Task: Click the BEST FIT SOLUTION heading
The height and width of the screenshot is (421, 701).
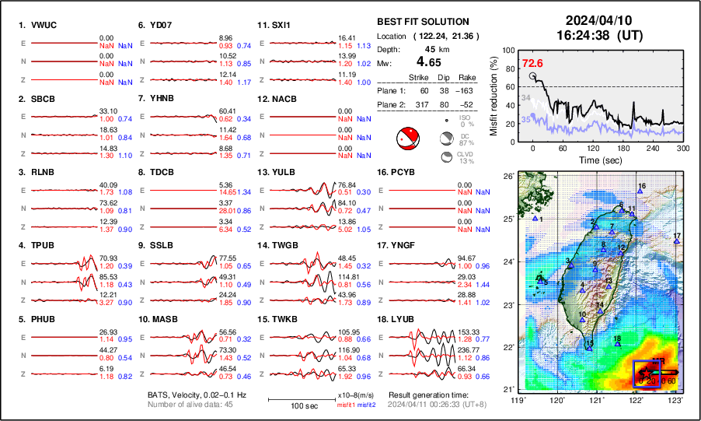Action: tap(422, 22)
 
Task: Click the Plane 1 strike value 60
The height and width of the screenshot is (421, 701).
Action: tap(424, 90)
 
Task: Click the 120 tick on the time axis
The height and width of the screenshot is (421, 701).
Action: tap(593, 148)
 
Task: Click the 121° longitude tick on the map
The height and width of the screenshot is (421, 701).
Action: tap(597, 400)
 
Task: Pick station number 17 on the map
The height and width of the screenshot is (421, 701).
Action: tap(677, 237)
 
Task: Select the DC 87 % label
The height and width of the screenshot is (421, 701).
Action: tap(465, 139)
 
